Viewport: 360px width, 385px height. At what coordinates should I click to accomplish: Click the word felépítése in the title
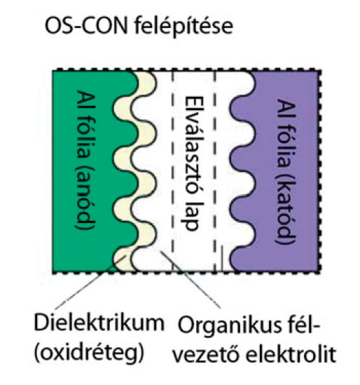[x=184, y=26]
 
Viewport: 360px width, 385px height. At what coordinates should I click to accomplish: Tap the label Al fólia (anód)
[x=86, y=160]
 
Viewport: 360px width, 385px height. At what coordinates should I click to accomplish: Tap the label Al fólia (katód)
[x=286, y=171]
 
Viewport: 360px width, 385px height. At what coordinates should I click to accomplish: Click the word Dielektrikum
[x=99, y=323]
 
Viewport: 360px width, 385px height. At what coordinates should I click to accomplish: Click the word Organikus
[x=230, y=325]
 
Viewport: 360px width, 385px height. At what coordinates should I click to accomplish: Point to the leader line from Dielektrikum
[x=90, y=282]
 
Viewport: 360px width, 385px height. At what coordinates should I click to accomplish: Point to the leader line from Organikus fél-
[x=191, y=279]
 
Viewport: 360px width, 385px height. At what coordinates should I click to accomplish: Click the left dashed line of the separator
[x=172, y=171]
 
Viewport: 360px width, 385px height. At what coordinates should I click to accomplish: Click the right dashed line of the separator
[x=215, y=171]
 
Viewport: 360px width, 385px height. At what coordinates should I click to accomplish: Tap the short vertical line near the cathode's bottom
[x=222, y=258]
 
